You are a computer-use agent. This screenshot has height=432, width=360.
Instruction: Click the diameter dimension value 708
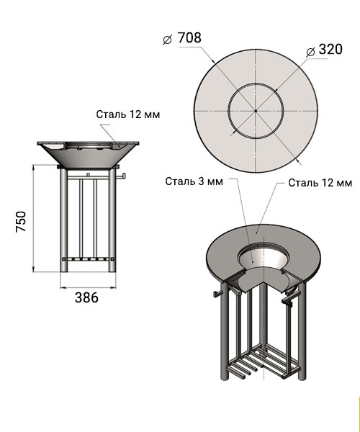coord(189,37)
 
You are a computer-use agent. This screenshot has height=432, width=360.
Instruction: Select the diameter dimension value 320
coord(330,49)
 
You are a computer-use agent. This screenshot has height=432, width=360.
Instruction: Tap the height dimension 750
coord(21,221)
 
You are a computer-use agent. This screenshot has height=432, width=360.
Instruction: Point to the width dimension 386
coord(86,297)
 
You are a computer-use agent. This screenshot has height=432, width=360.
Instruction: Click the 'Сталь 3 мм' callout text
coord(194,181)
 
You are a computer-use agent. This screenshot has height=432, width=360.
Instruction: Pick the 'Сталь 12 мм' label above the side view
coord(128,114)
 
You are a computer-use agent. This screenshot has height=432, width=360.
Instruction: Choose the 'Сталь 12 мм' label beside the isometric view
coord(320,183)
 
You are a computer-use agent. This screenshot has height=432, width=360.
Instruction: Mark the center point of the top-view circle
coord(256,111)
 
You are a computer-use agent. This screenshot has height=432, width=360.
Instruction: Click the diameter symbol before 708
coord(167,40)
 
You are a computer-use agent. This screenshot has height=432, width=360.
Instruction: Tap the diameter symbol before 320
coord(310,52)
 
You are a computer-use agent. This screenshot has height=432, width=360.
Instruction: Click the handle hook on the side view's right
coord(121,176)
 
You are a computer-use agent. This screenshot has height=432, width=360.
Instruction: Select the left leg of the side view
coord(63,220)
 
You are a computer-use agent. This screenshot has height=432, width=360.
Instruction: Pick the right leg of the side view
coord(112,220)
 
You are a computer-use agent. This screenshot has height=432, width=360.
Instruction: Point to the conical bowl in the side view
coord(88,155)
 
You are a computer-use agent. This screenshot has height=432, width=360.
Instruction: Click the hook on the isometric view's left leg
coord(217,293)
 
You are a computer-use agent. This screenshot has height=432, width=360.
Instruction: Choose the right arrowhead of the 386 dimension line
coord(113,288)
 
